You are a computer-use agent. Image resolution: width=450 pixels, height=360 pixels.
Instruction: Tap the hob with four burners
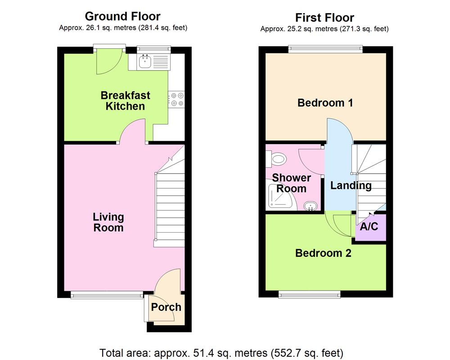click(176, 99)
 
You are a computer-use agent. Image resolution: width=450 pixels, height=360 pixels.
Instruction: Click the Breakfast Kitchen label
click(125, 101)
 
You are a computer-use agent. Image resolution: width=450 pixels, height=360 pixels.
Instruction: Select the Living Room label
click(108, 222)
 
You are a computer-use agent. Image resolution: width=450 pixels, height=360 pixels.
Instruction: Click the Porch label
click(166, 307)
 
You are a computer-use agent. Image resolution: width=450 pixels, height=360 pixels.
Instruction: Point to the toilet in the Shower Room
click(278, 158)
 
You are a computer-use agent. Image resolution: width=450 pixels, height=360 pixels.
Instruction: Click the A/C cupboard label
click(369, 226)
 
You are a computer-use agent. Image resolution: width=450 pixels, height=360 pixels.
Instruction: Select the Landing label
click(351, 185)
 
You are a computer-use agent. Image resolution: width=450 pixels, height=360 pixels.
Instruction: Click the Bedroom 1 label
click(325, 103)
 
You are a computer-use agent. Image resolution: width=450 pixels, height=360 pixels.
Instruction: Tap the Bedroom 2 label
click(323, 253)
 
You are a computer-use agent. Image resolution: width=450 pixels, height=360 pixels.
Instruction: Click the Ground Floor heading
click(122, 17)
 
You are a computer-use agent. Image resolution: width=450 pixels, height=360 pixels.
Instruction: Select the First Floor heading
click(324, 18)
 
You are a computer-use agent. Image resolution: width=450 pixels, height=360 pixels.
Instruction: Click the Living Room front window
click(107, 295)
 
